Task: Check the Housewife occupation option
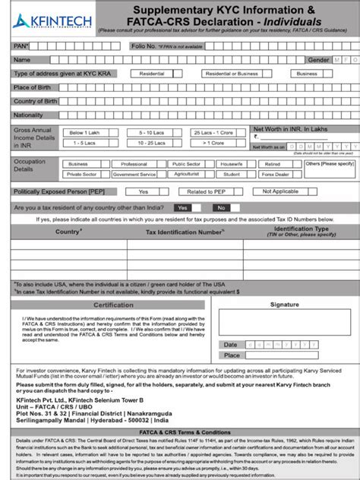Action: (x=231, y=163)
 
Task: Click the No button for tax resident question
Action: (x=221, y=207)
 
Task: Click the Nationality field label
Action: (x=29, y=115)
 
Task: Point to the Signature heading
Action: (x=284, y=305)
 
